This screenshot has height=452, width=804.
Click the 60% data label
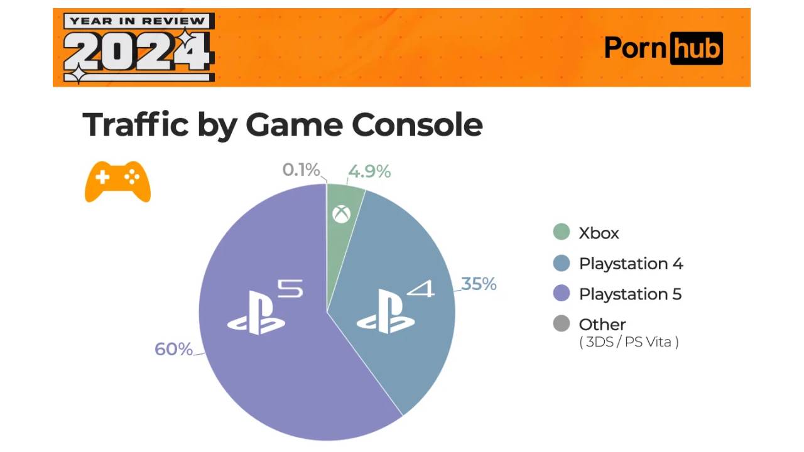click(173, 350)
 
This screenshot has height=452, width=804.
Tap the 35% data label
click(479, 284)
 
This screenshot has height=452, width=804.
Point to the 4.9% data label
click(369, 171)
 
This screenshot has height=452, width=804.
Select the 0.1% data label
click(301, 170)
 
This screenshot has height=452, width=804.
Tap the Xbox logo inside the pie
click(342, 215)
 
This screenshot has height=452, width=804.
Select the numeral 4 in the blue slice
click(420, 290)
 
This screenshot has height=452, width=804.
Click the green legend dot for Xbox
click(561, 232)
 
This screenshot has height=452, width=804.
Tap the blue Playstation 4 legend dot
click(561, 263)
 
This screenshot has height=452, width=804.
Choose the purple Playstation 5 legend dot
click(561, 294)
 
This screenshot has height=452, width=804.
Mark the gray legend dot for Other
click(561, 324)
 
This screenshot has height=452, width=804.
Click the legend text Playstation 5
click(630, 294)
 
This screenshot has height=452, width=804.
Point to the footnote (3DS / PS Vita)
click(629, 343)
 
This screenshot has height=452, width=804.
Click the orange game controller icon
click(117, 181)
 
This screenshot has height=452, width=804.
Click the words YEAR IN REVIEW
click(138, 21)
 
